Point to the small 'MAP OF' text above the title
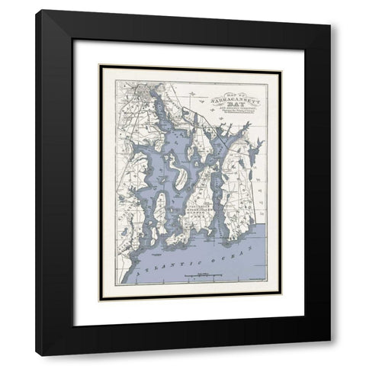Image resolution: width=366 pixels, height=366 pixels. point(235,88)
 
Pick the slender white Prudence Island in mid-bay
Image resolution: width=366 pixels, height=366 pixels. point(176,165)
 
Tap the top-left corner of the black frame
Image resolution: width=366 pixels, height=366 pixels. point(36,11)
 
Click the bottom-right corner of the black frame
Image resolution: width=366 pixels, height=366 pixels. point(330,355)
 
